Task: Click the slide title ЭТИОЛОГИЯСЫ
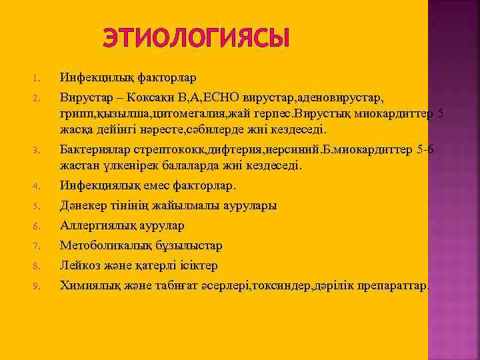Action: [x=197, y=37]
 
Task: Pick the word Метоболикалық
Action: [x=103, y=245]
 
